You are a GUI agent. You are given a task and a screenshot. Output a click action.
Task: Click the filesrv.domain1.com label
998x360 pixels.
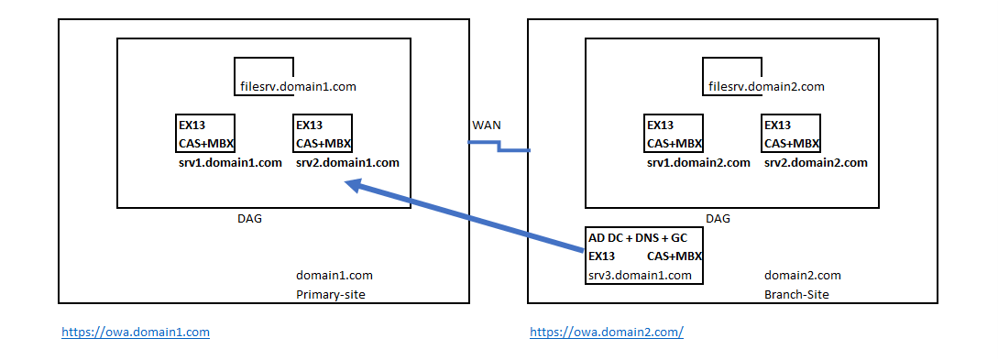tap(291, 87)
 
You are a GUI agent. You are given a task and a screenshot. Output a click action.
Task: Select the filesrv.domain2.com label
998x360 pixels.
tap(766, 87)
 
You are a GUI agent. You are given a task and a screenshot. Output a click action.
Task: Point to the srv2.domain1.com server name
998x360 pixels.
tap(347, 163)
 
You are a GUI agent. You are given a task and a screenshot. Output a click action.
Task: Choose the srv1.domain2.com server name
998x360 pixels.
tap(697, 163)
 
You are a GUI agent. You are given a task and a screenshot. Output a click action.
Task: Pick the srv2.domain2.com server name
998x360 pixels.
tap(815, 163)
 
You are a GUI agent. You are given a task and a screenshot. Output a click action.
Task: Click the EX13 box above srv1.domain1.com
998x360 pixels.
tap(205, 134)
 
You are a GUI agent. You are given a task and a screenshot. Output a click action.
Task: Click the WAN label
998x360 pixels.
tap(487, 124)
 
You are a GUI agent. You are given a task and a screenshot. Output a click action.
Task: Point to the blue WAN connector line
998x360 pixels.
tap(499, 147)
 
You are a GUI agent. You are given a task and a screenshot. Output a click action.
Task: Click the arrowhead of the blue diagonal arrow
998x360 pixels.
tap(353, 185)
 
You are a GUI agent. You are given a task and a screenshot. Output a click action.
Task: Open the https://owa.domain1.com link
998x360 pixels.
tap(136, 332)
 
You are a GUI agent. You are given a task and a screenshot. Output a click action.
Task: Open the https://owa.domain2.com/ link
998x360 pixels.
tap(607, 332)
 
